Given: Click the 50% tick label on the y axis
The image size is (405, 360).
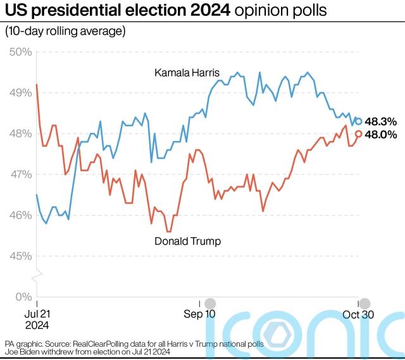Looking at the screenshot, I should click(x=20, y=51).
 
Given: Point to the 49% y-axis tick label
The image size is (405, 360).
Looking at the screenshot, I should click(x=20, y=92).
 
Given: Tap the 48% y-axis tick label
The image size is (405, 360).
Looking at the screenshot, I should click(x=20, y=133).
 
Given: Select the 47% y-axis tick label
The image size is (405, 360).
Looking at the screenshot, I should click(x=20, y=174).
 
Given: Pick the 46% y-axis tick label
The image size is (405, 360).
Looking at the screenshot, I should click(x=20, y=215).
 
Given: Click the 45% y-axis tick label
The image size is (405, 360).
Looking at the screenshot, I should click(x=20, y=256).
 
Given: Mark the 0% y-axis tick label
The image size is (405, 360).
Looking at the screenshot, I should click(x=23, y=297).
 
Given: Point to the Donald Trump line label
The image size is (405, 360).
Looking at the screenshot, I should click(x=187, y=241).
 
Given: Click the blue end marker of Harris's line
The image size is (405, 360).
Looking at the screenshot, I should click(x=359, y=121).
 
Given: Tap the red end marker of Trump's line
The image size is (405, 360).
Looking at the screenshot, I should click(x=359, y=133).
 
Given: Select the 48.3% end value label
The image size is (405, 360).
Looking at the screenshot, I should click(x=382, y=121).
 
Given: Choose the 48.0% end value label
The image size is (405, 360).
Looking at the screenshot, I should click(x=382, y=134).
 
